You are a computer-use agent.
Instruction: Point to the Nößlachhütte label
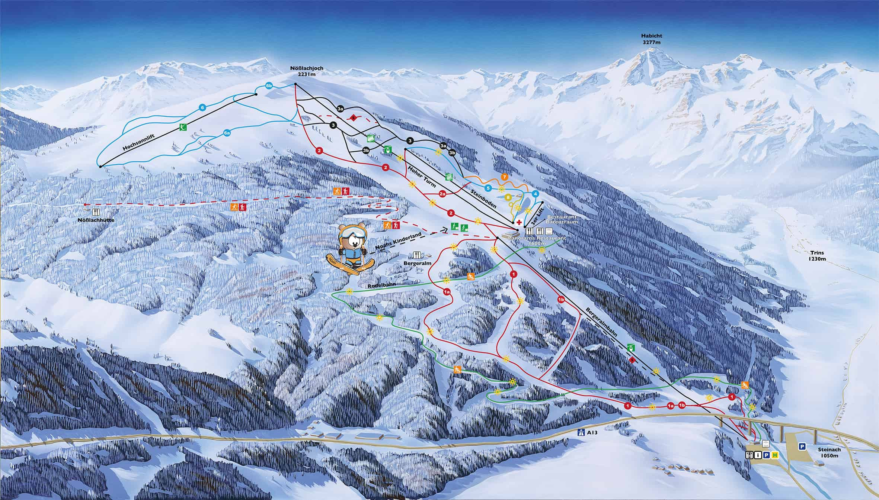click(x=96, y=220)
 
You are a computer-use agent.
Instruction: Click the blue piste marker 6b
click(x=269, y=86)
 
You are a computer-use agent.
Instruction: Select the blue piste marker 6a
click(x=227, y=132)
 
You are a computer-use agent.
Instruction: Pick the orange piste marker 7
click(x=504, y=177)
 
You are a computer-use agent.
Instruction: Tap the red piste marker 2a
click(x=442, y=194)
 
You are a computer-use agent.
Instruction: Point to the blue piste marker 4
click(x=535, y=194)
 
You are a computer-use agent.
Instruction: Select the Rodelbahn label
click(x=381, y=285)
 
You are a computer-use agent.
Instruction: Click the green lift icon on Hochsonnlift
click(x=183, y=127)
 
